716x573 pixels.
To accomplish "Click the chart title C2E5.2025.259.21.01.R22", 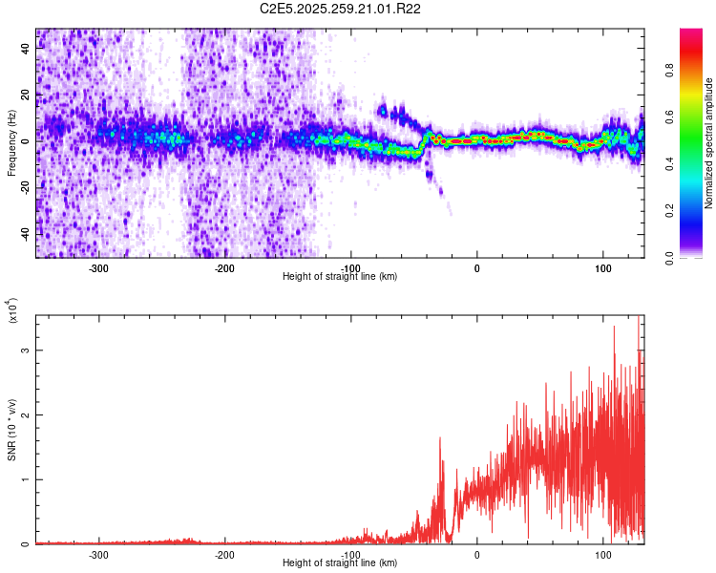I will click(341, 9).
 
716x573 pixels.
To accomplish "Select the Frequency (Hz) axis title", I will click(12, 143).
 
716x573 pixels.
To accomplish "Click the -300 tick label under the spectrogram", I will click(99, 268).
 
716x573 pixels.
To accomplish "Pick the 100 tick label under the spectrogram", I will click(603, 268).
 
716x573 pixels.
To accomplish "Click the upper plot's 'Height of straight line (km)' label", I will click(341, 276).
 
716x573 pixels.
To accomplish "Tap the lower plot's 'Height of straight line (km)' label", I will click(341, 562).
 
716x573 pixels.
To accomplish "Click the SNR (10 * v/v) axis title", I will click(12, 430).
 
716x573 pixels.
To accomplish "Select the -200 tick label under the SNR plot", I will click(225, 555).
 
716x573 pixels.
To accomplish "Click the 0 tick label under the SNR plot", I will click(477, 555).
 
